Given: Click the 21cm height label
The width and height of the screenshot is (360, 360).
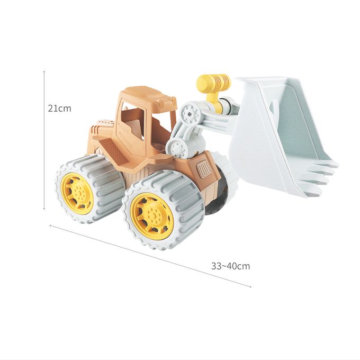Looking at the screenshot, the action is [59, 109].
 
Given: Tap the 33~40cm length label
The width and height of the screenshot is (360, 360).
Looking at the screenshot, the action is [230, 266].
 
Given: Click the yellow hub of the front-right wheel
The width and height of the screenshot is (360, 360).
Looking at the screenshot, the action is [151, 216].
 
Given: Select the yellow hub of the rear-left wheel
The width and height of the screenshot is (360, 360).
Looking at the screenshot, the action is [77, 194].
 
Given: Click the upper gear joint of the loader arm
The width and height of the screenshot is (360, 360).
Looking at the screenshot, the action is [191, 113].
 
